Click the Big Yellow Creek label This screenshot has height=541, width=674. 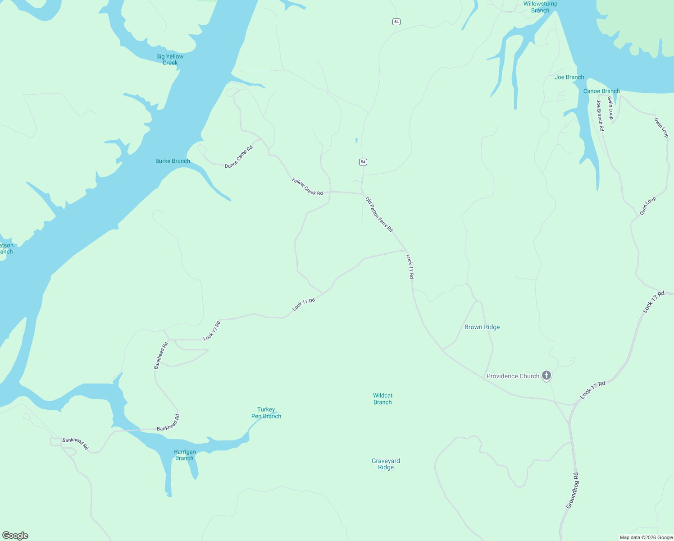170,60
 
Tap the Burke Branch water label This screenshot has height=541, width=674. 173,161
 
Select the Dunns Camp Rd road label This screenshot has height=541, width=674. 239,157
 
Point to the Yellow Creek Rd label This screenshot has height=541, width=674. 307,187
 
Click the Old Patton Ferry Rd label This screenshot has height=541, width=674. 379,215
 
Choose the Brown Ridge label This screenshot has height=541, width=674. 482,327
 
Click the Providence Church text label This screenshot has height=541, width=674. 513,376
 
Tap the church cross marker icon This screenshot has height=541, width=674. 546,375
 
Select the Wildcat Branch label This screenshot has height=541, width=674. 383,399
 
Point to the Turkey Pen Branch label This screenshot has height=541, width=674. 266,413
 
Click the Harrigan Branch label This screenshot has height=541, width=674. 184,455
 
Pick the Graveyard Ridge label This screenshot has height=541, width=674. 386,464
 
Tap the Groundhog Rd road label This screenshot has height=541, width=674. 572,491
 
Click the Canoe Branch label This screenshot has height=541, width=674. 601,91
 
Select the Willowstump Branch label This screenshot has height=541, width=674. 540,7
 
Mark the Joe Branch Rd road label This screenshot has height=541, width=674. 600,116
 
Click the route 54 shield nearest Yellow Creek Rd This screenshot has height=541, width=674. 363,162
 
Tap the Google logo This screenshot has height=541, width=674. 15,536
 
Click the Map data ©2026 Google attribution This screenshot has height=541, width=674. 646,537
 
